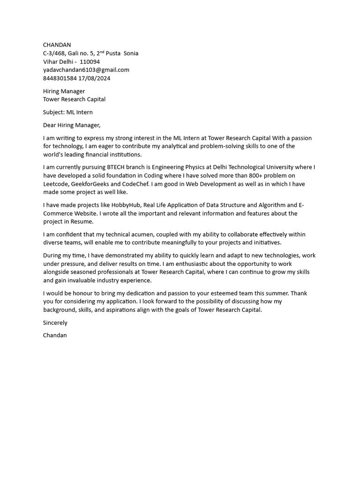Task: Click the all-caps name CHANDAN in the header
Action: tap(57, 45)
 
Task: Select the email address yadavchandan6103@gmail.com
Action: tap(86, 70)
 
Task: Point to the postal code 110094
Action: tap(90, 62)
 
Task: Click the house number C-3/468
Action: tap(54, 53)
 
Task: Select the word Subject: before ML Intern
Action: tap(54, 112)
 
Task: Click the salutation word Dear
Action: tap(49, 125)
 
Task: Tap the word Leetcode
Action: tap(56, 184)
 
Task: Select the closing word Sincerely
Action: tap(55, 323)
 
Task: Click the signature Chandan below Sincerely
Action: tap(55, 336)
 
